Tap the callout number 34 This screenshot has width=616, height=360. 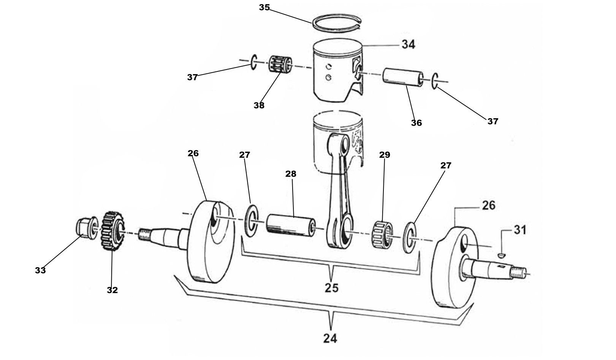[408, 44]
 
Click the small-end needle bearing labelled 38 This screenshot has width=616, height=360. [280, 68]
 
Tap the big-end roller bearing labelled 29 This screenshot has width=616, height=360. [383, 236]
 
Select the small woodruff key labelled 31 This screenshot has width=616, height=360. [501, 255]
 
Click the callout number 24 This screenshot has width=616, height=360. [330, 338]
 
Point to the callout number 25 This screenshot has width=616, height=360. [331, 288]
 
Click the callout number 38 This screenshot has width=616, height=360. [259, 105]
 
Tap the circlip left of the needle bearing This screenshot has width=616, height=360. [253, 62]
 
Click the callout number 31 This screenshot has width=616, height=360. [520, 230]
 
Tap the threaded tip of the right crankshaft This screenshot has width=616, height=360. [519, 273]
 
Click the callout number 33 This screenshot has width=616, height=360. [40, 270]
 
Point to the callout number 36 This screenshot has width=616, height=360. [416, 123]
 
